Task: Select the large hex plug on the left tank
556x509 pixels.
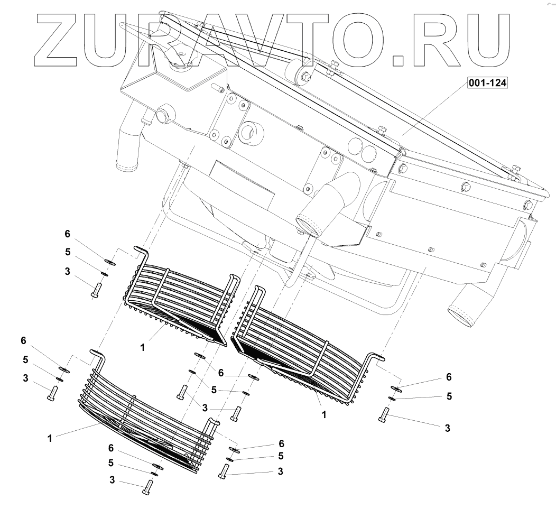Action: tap(162, 115)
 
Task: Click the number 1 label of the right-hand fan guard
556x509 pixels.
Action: tap(324, 415)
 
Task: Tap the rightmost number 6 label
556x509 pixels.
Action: tap(449, 377)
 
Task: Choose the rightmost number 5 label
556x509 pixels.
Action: tap(449, 396)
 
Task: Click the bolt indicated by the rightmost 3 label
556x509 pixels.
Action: tap(384, 415)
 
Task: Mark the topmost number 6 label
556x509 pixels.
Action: tap(67, 234)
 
